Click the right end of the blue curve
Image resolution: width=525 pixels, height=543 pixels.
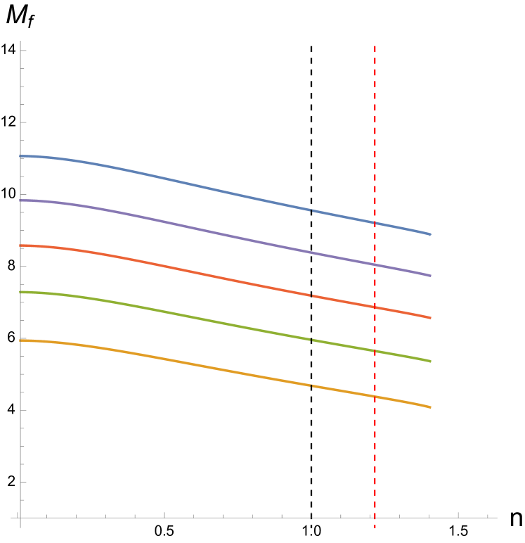click(x=430, y=234)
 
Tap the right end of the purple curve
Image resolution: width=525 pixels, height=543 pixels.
click(x=430, y=276)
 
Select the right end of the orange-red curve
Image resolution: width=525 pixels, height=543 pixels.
click(x=430, y=318)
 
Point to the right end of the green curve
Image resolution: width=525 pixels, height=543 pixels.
click(x=430, y=362)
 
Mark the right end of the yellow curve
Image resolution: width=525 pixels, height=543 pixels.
click(x=430, y=407)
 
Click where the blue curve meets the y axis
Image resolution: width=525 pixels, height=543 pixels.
click(x=20, y=156)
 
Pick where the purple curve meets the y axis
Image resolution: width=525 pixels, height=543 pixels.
click(x=20, y=200)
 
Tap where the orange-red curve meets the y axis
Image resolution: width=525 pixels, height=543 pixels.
click(x=20, y=246)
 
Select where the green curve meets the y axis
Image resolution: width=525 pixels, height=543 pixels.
click(x=20, y=292)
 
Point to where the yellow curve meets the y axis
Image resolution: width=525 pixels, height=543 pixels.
click(x=20, y=340)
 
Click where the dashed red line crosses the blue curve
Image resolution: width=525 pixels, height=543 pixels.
click(x=375, y=222)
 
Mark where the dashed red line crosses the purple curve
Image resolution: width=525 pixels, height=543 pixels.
click(x=375, y=264)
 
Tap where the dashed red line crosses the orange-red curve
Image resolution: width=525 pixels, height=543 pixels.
click(x=375, y=307)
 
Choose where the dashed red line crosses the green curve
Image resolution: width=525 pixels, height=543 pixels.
click(x=375, y=350)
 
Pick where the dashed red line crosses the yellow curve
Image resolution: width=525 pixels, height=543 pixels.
click(x=375, y=396)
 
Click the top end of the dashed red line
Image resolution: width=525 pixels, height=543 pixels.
click(x=375, y=46)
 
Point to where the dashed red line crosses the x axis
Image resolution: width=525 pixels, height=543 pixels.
click(x=375, y=518)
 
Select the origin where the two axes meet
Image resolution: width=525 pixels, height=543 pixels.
click(x=20, y=518)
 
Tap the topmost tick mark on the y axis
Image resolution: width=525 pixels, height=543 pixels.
click(x=22, y=51)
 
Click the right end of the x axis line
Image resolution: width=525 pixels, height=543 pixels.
click(x=497, y=518)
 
